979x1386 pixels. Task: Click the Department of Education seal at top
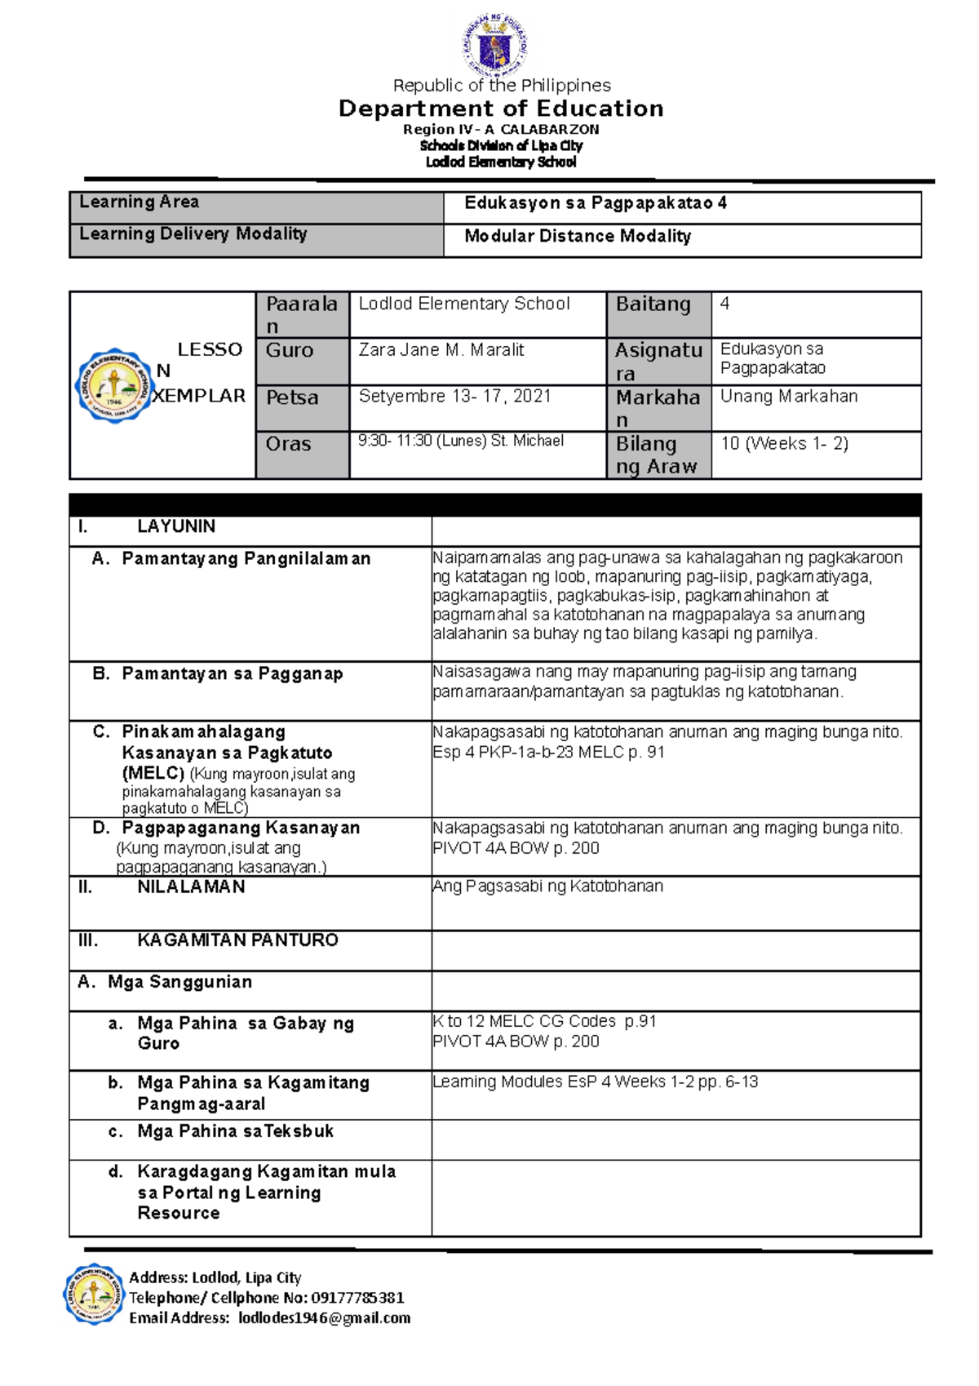point(495,45)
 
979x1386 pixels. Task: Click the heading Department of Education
point(501,109)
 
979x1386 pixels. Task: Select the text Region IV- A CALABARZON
point(501,130)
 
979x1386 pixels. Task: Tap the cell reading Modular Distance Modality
point(578,237)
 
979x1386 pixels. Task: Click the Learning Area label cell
point(140,202)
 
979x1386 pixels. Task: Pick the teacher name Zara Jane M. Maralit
point(441,350)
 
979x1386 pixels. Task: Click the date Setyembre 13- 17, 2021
point(455,397)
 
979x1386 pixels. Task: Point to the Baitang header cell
point(653,304)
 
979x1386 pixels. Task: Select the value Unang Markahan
point(789,397)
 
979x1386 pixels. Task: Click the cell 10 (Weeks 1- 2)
point(784,444)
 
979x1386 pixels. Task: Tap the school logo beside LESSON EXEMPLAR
point(115,384)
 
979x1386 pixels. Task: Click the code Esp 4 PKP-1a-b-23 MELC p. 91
point(548,753)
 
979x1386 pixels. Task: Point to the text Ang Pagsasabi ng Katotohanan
point(547,886)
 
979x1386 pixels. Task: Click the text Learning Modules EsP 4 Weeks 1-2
point(564,1082)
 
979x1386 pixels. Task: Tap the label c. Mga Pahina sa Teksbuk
point(235,1132)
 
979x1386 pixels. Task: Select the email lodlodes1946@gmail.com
point(324,1318)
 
